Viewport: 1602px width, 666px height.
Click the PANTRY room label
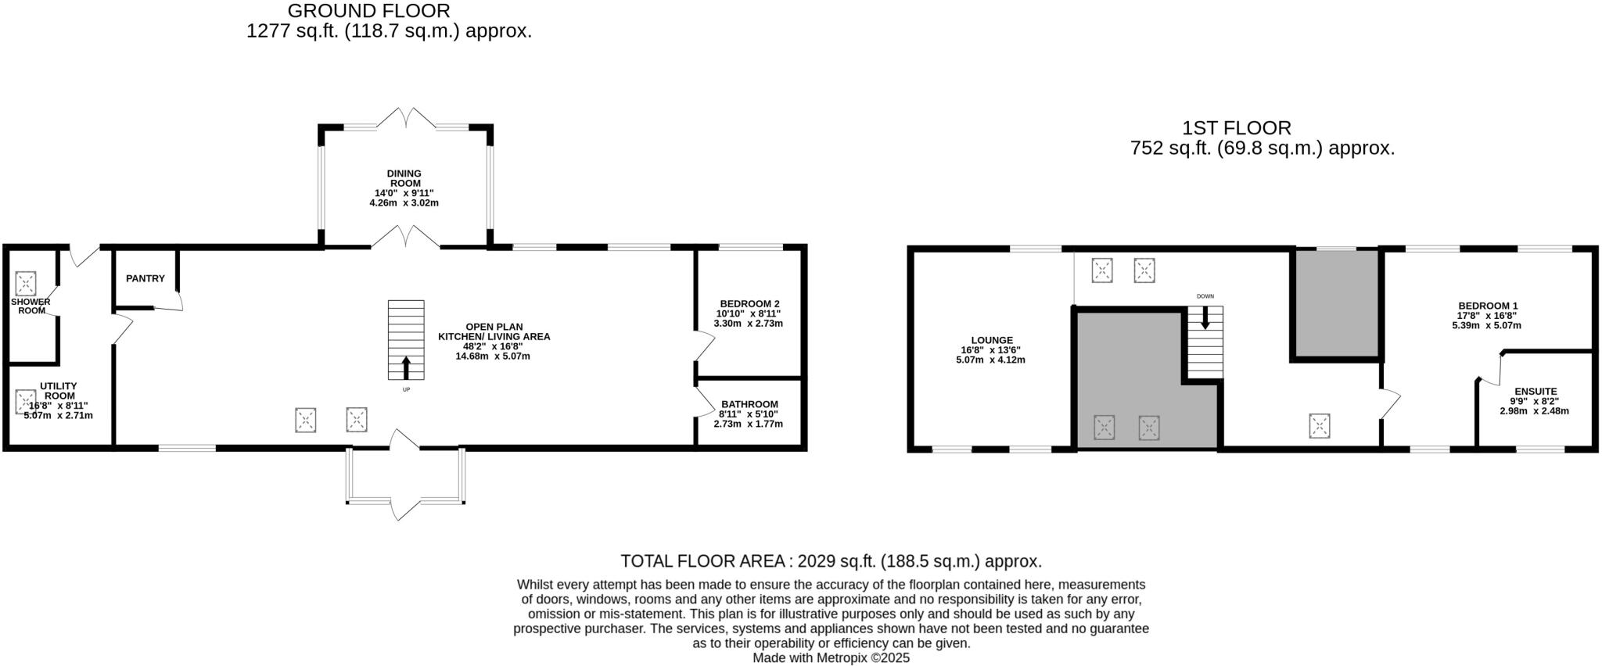pos(145,278)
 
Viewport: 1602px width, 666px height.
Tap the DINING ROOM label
pos(404,178)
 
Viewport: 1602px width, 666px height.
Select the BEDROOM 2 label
pos(749,304)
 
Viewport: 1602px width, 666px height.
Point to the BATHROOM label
pos(749,404)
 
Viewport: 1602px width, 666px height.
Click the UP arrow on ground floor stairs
pos(406,367)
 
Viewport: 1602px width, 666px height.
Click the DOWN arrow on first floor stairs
pos(1205,317)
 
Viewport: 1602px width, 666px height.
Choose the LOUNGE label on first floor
pos(991,340)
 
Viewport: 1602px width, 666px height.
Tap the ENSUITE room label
pos(1535,392)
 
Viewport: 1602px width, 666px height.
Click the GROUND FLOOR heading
pos(368,11)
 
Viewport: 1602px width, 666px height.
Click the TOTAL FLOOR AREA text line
pos(831,561)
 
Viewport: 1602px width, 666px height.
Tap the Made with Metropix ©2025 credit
pos(831,658)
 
